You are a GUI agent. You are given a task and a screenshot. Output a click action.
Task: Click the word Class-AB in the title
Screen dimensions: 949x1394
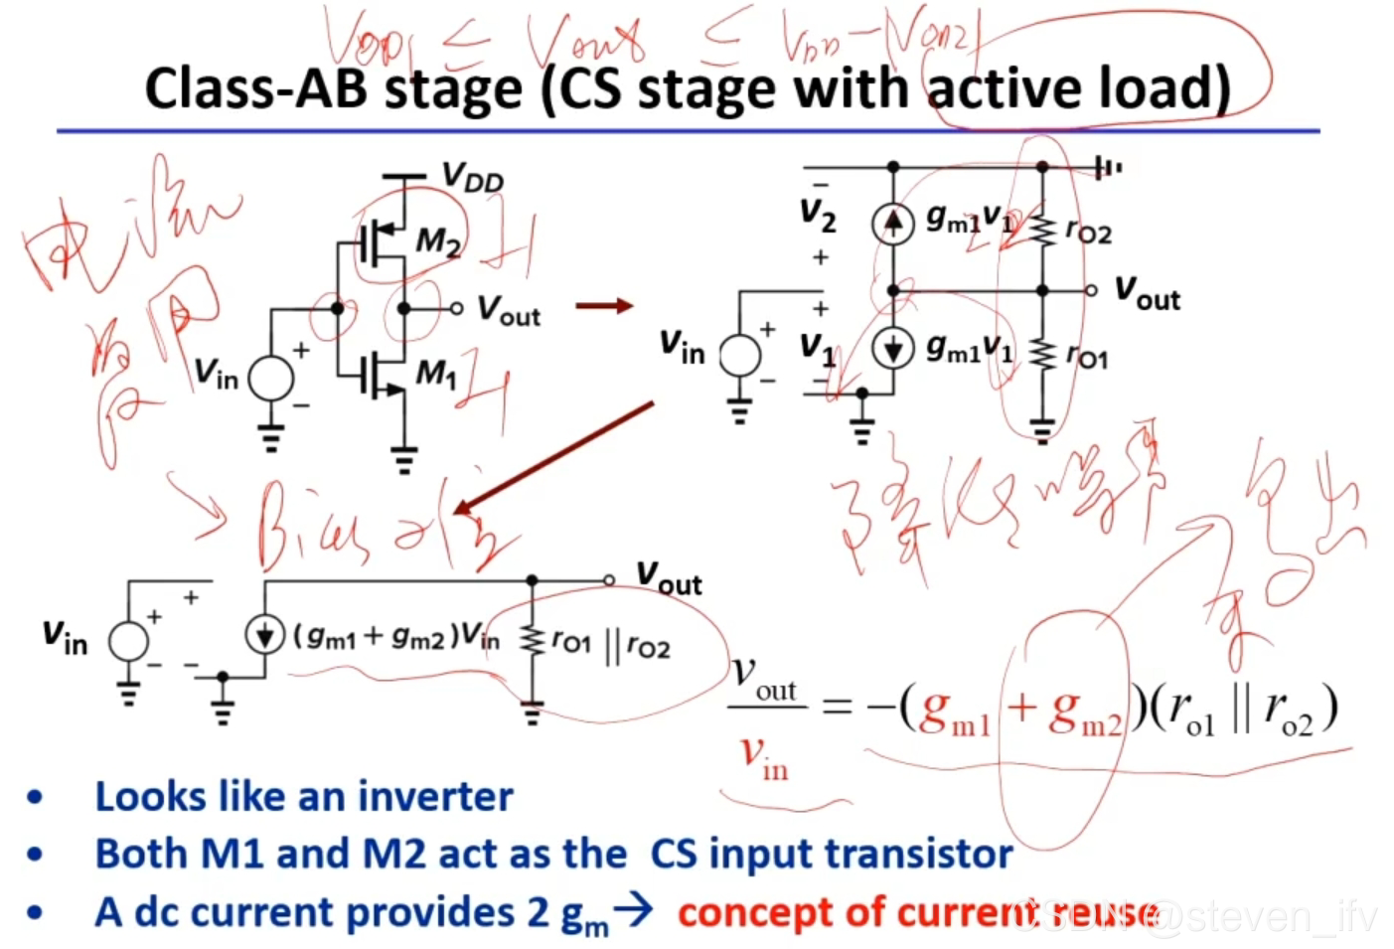[x=256, y=88]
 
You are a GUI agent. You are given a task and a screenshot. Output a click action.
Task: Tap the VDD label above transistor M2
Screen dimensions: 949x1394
[x=472, y=179]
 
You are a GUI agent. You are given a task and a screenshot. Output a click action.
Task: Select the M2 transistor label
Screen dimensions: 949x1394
[x=437, y=240]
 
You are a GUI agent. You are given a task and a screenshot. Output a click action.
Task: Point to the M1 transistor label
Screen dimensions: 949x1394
[x=435, y=374]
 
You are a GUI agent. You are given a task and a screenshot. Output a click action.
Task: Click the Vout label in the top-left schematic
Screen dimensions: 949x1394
[x=509, y=310]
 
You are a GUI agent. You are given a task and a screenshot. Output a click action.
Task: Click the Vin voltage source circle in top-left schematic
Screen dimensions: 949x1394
[x=270, y=379]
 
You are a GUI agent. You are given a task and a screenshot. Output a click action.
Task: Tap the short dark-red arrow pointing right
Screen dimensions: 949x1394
[x=604, y=305]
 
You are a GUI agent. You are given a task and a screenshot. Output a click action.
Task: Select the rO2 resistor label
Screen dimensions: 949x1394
[x=1088, y=232]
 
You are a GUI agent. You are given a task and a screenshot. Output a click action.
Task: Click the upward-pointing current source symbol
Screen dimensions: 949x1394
[x=892, y=223]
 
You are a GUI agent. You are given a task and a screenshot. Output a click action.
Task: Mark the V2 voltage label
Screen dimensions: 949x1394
[x=818, y=215]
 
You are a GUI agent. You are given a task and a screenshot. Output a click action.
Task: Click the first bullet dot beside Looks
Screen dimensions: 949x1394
[x=36, y=797]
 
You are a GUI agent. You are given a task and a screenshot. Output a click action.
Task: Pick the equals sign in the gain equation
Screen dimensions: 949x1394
[x=837, y=707]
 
